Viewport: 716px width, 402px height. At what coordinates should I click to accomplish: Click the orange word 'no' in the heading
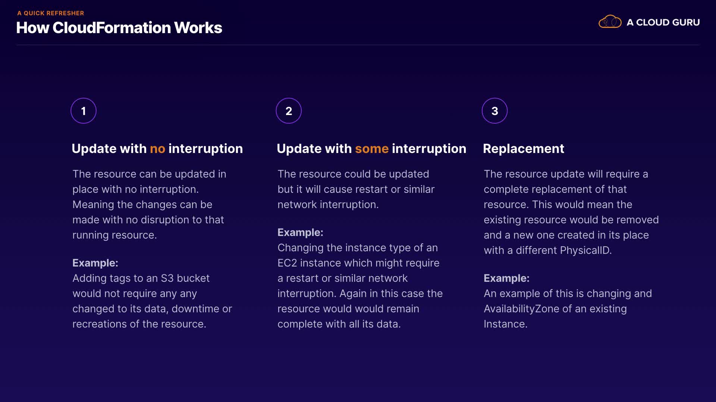(x=157, y=149)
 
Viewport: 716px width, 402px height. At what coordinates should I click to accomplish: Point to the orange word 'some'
(x=372, y=149)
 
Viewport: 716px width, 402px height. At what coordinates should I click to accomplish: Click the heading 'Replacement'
(x=524, y=149)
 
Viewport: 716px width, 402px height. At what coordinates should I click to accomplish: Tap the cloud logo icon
(x=610, y=22)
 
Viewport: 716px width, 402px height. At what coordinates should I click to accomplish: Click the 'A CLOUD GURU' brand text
(x=663, y=22)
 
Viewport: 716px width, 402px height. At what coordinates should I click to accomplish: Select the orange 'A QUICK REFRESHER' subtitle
(x=51, y=13)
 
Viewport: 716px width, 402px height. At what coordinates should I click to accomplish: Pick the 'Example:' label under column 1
(x=95, y=263)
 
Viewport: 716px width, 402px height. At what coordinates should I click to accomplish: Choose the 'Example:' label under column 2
(x=300, y=232)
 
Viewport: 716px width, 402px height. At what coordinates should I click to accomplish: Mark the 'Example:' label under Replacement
(x=506, y=278)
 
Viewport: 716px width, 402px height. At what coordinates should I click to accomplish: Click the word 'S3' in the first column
(x=167, y=278)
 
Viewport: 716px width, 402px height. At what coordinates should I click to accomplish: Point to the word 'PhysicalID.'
(x=586, y=251)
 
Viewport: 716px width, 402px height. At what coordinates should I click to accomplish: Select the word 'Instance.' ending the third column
(x=505, y=324)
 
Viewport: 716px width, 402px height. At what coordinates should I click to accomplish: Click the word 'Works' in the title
(x=198, y=28)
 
